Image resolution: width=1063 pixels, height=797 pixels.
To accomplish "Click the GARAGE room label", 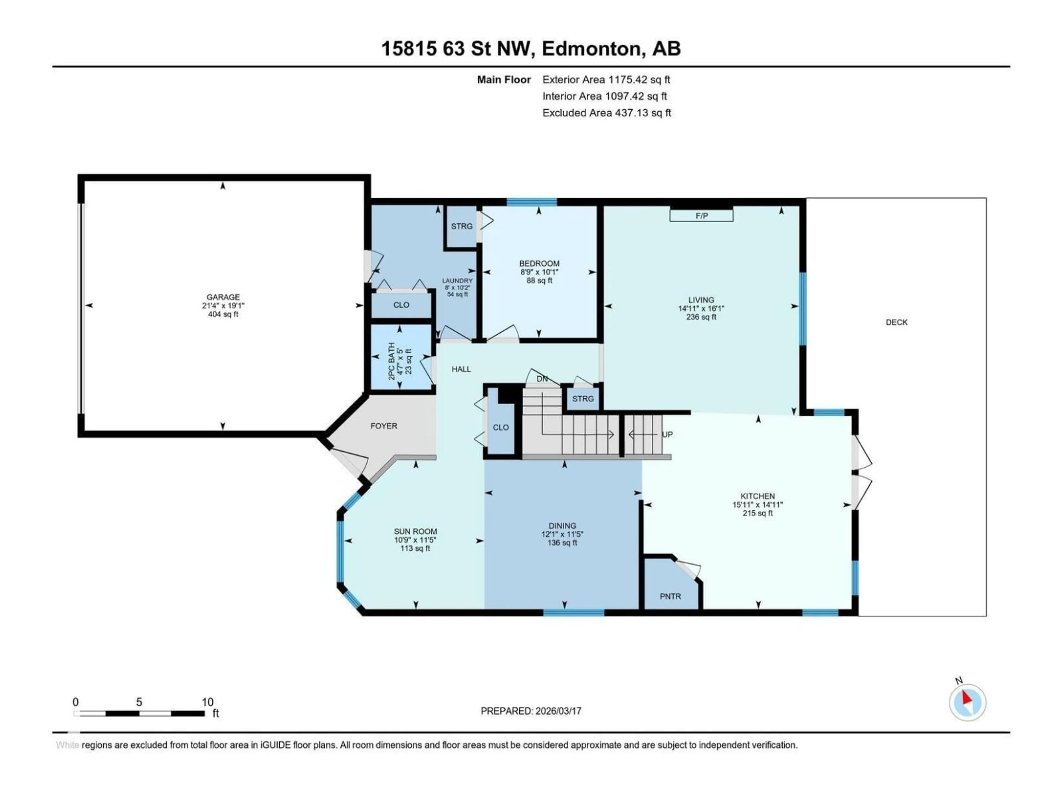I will pyautogui.click(x=223, y=297).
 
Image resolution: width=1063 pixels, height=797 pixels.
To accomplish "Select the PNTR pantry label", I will pyautogui.click(x=670, y=596).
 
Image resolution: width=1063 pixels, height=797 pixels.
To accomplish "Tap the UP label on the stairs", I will pyautogui.click(x=667, y=434).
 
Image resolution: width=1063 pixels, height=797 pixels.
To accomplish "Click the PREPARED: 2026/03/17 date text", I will pyautogui.click(x=531, y=711).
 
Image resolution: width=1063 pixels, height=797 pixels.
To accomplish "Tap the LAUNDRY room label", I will pyautogui.click(x=457, y=281).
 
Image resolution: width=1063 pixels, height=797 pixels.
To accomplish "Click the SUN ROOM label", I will pyautogui.click(x=415, y=531).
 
